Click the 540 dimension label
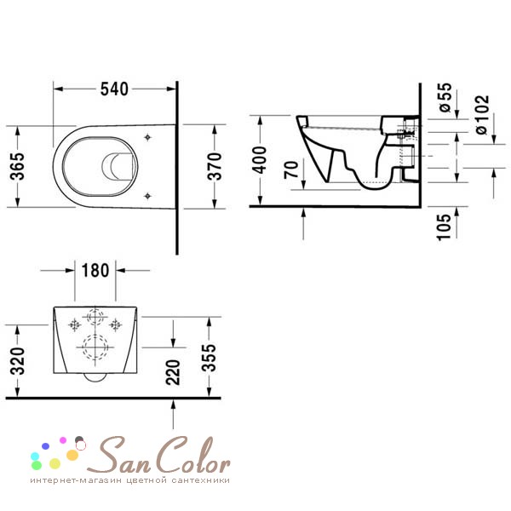pos(114,89)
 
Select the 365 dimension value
pos(17,166)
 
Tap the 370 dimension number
pos(215,166)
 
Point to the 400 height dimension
pos(260,160)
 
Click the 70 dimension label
pos(291,169)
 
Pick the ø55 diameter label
pos(445,97)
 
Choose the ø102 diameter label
pos(482,114)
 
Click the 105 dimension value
pos(443,227)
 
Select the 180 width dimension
pos(95,271)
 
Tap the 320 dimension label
pos(17,361)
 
